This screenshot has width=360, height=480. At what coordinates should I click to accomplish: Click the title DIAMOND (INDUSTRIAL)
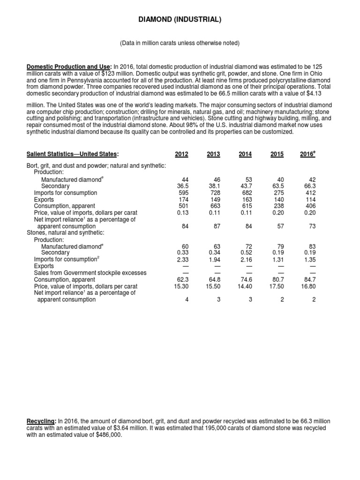click(180, 19)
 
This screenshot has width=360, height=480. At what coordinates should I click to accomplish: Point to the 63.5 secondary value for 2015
click(277, 186)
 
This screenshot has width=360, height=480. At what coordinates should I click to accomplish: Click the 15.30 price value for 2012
click(180, 286)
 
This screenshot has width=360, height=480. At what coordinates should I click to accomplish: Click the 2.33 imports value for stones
click(182, 259)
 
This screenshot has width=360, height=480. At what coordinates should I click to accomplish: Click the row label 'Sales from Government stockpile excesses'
click(90, 273)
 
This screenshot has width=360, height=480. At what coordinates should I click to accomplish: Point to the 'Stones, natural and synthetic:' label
click(65, 232)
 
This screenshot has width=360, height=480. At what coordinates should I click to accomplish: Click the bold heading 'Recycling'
click(41, 422)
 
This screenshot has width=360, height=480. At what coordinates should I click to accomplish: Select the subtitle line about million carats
click(180, 43)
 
